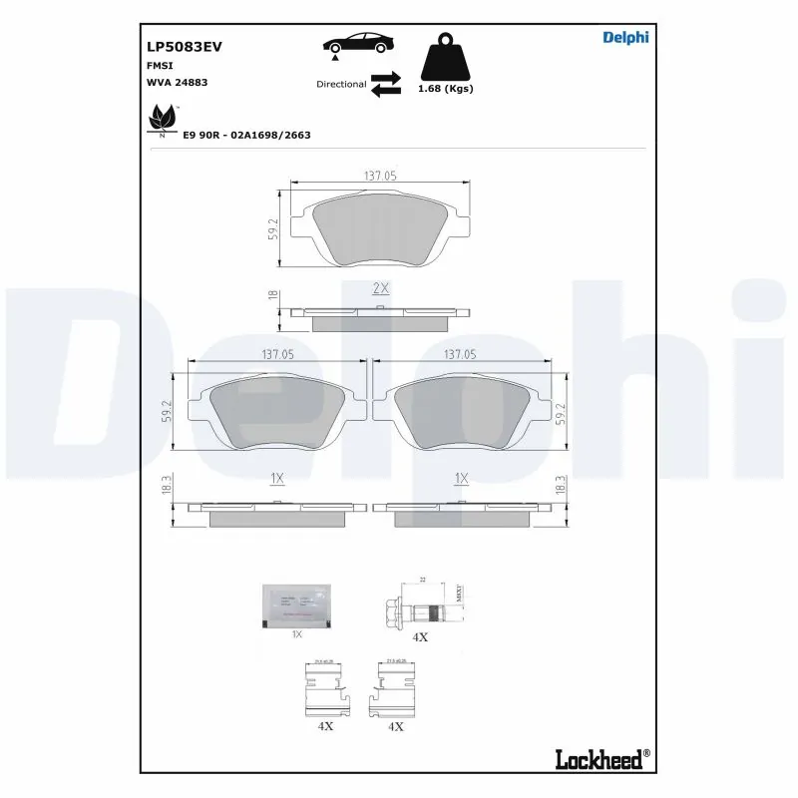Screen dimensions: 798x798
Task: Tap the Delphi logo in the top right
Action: pos(625,38)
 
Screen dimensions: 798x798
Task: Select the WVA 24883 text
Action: pos(177,83)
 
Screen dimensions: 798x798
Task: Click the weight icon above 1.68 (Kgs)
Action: pos(445,59)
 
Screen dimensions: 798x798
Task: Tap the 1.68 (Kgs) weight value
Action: pos(446,89)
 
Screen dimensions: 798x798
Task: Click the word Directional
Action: pos(341,85)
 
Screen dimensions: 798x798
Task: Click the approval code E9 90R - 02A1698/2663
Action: pos(246,134)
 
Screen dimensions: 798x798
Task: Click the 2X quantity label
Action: pos(380,287)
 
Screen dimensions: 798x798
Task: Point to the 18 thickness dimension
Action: pos(271,296)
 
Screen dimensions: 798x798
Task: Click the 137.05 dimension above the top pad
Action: pos(380,175)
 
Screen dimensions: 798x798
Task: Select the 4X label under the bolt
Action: pos(420,636)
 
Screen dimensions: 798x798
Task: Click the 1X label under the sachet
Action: pos(295,634)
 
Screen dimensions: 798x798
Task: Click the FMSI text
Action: pos(160,65)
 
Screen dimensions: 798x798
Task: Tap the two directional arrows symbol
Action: pos(385,84)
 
